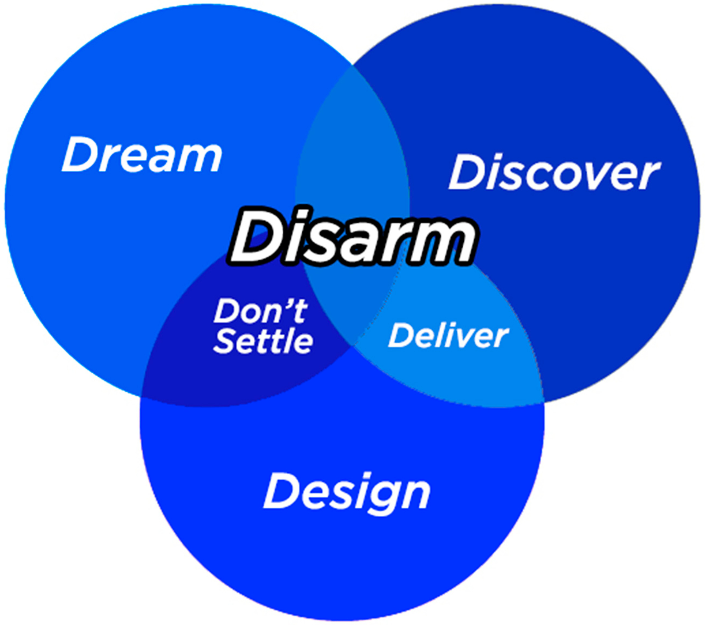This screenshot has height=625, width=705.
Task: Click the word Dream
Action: pyautogui.click(x=142, y=155)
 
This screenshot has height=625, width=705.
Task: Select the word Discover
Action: pyautogui.click(x=554, y=173)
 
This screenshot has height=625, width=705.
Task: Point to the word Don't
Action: pyautogui.click(x=260, y=311)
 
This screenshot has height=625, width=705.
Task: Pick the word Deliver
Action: pyautogui.click(x=448, y=336)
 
